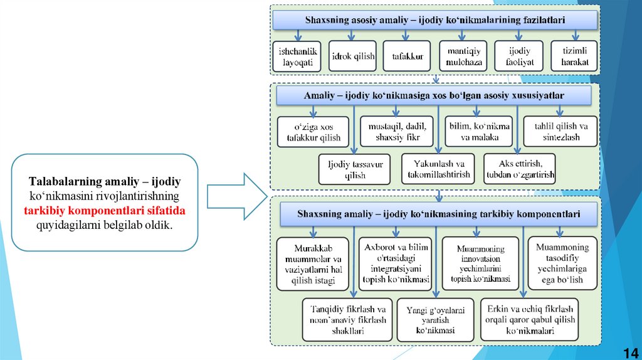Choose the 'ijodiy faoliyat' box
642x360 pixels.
pos(517,56)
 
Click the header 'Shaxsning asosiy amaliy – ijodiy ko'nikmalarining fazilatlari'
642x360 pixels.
pos(434,20)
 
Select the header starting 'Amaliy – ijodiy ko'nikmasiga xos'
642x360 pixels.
pos(434,96)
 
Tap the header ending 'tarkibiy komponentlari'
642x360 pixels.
pos(438,214)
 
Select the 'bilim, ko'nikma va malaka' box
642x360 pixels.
pos(478,132)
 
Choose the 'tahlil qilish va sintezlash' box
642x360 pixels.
pos(560,132)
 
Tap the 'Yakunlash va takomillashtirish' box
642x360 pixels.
pos(437,169)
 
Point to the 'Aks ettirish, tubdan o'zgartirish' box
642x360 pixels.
pos(518,169)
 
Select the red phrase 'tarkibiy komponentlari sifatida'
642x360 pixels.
pos(105,209)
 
